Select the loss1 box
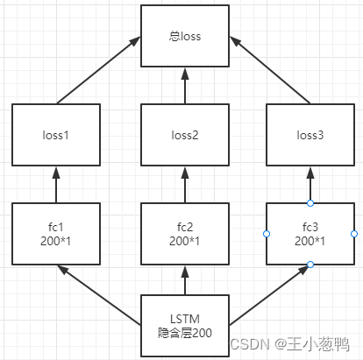point(56,137)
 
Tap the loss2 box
point(185,137)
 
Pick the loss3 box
point(310,137)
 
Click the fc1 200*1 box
point(56,234)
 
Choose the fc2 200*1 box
point(185,234)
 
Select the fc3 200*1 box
point(310,234)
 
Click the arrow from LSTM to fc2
point(185,280)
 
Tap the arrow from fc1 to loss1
point(56,186)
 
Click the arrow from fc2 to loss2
point(185,186)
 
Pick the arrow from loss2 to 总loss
point(185,88)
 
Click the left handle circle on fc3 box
point(266,234)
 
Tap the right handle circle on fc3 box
point(354,234)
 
